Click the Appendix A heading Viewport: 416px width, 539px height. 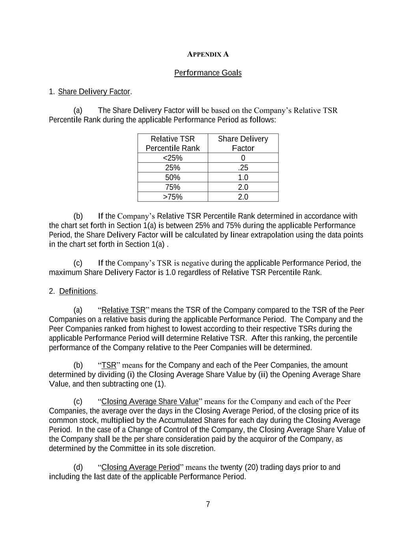[208, 54]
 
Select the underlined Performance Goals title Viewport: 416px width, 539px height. [208, 73]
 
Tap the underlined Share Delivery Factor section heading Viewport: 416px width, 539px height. [94, 92]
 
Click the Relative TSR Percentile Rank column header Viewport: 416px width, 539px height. [173, 143]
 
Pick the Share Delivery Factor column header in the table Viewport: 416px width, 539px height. [243, 143]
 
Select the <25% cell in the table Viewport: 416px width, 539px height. [173, 158]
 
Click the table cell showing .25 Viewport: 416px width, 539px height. [243, 168]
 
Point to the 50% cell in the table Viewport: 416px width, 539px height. [173, 178]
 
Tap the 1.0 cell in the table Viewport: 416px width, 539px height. [243, 178]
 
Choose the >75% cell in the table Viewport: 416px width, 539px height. [173, 197]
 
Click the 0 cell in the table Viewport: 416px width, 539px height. [243, 158]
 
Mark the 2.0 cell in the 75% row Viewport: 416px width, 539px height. [243, 187]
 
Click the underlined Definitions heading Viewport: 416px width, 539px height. [78, 291]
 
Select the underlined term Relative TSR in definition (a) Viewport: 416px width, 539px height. [123, 310]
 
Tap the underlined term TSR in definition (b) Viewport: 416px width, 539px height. [109, 365]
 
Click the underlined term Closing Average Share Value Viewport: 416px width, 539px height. [150, 402]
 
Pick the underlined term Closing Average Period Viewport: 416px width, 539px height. [140, 468]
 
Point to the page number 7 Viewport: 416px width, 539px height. [208, 505]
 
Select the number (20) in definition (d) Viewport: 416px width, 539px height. [251, 468]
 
